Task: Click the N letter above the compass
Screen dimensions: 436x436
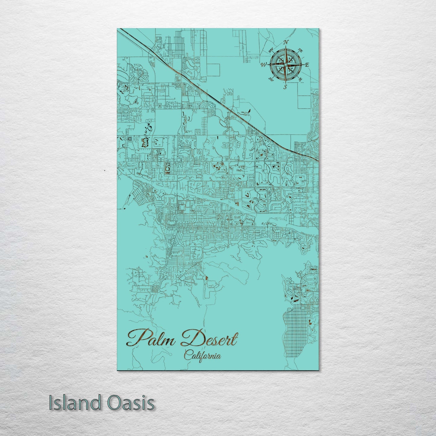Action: [286, 42]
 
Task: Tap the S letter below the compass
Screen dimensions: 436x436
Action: [285, 87]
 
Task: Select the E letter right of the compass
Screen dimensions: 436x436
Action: [307, 65]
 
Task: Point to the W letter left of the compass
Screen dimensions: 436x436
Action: [264, 64]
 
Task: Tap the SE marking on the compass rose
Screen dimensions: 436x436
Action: [300, 79]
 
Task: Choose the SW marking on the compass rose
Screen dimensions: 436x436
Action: [271, 79]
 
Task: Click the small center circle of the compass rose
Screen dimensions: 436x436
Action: [285, 65]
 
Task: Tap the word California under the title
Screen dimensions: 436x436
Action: [202, 356]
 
